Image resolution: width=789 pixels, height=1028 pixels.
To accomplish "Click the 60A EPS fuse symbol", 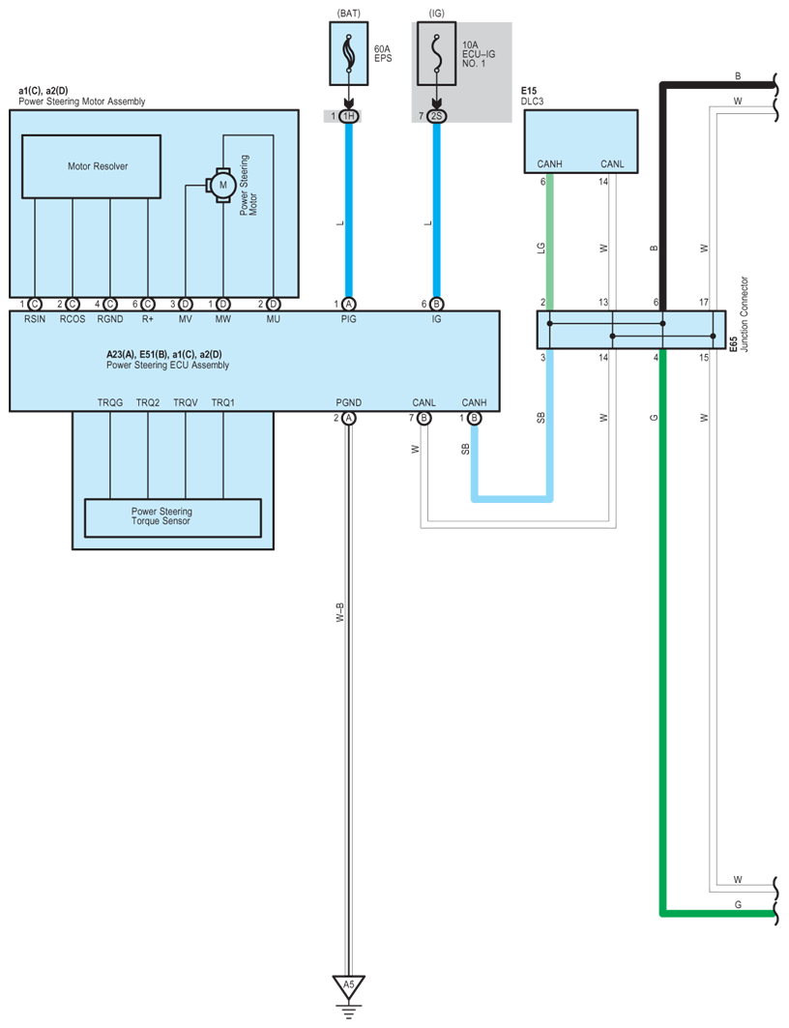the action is pos(349,54).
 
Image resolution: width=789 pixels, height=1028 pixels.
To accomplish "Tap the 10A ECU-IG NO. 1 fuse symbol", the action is pos(436,54).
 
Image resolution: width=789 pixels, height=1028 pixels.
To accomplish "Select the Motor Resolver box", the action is pos(91,166).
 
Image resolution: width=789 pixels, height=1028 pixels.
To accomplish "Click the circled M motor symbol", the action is pos(222,185).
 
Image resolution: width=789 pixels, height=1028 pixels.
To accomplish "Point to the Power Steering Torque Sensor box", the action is pos(173,518).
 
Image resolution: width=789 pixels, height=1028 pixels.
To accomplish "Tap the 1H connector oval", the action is pos(349,116).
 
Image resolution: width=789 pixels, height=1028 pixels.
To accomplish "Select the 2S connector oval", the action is pos(436,116).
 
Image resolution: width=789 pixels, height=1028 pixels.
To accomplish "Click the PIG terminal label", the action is pos(349,318).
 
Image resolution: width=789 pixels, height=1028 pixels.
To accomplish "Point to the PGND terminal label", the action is pos(349,402).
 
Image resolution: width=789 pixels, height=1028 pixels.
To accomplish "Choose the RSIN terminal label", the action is pos(35,318).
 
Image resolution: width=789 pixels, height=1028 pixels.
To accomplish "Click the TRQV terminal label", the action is pos(186,402).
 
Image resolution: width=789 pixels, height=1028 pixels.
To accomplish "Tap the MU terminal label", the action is pos(274,318).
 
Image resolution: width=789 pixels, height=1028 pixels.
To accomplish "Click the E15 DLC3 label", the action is pos(533,97).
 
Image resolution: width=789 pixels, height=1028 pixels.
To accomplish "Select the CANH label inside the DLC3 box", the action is pos(550,163).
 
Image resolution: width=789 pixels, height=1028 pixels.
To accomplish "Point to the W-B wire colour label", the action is pos(339,612).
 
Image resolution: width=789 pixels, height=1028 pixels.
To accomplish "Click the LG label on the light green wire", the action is pos(541,248).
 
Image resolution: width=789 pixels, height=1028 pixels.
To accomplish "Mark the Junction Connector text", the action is pos(744,314).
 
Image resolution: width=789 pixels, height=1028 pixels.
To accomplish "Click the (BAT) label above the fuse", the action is pos(349,14).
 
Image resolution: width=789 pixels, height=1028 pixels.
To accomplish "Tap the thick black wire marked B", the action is pos(663,196).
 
